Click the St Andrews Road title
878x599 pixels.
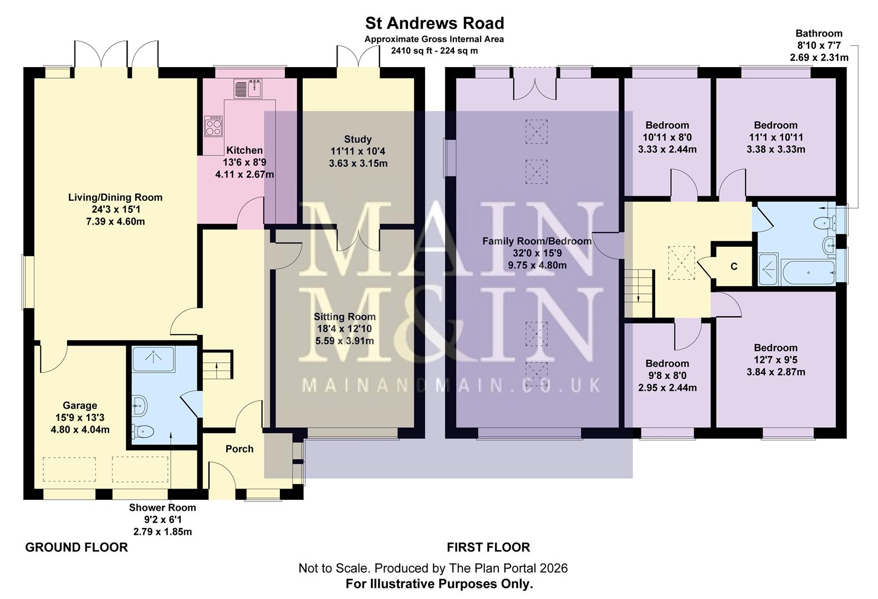pyautogui.click(x=434, y=23)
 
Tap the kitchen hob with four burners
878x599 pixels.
pyautogui.click(x=213, y=127)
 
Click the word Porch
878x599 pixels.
pyautogui.click(x=239, y=449)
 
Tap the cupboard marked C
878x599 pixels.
pyautogui.click(x=733, y=267)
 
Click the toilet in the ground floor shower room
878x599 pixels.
pyautogui.click(x=142, y=430)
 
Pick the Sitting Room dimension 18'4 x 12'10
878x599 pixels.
pyautogui.click(x=344, y=329)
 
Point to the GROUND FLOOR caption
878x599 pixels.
pyautogui.click(x=76, y=547)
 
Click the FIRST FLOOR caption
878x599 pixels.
pyautogui.click(x=488, y=547)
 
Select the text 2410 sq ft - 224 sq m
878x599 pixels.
pyautogui.click(x=434, y=50)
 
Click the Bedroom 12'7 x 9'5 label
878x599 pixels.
pyautogui.click(x=775, y=359)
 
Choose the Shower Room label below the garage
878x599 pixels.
pyautogui.click(x=162, y=507)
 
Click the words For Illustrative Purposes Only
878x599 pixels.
pyautogui.click(x=439, y=583)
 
